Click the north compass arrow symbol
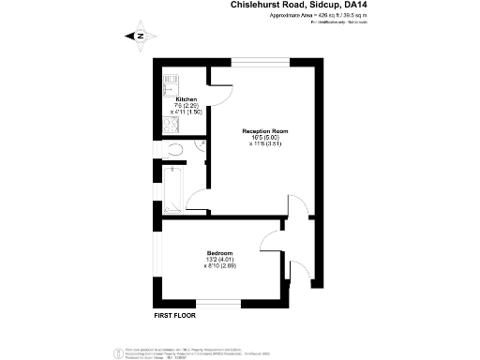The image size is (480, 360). (137, 37)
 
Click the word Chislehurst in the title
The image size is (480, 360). (258, 5)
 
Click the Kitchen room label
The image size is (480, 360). (186, 98)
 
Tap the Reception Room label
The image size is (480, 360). (264, 131)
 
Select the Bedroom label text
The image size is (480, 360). (219, 253)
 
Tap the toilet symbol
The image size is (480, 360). (176, 150)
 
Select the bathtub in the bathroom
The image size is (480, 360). (174, 187)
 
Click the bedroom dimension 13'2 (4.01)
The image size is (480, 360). (219, 260)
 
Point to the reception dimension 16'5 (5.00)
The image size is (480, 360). (264, 138)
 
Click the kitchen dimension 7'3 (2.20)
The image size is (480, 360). (186, 105)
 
